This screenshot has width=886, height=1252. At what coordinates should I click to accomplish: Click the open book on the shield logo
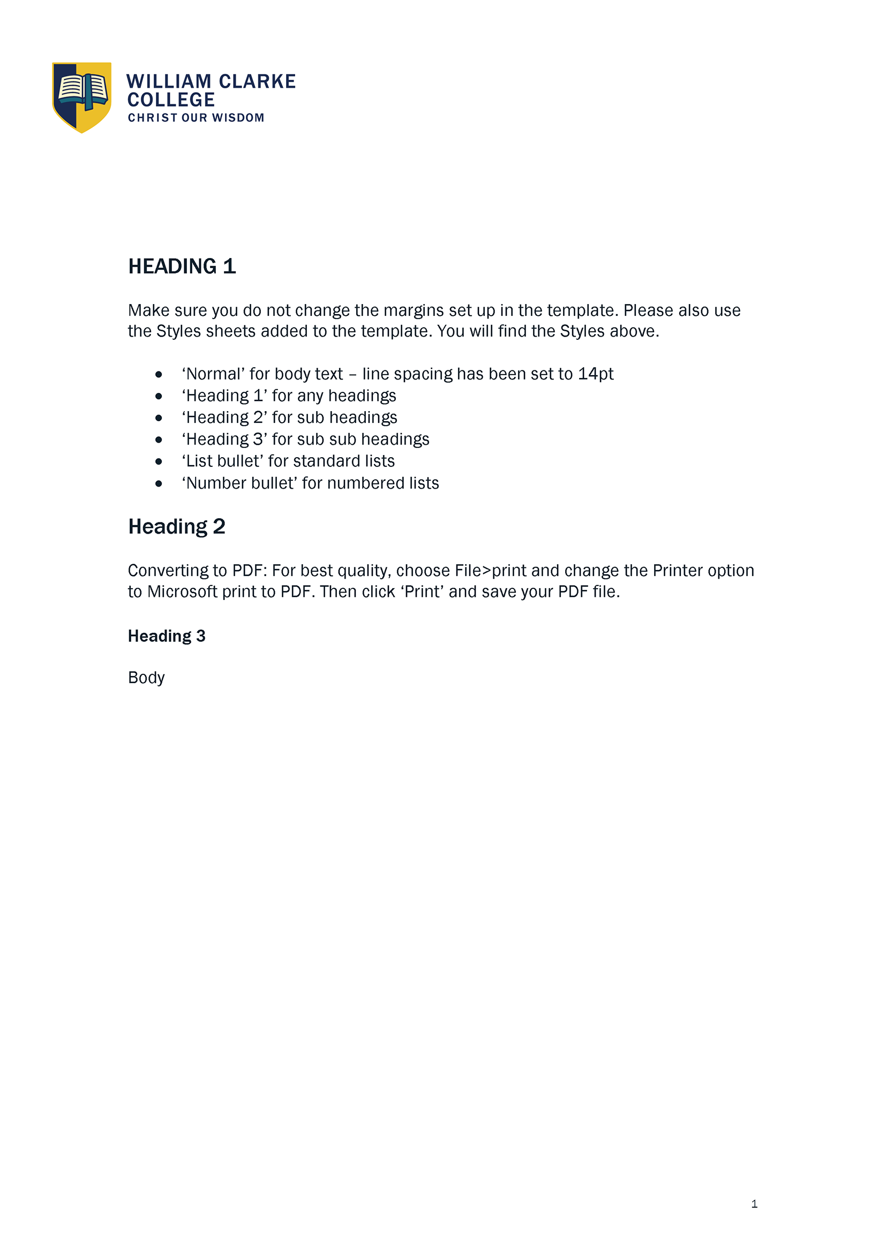(x=83, y=90)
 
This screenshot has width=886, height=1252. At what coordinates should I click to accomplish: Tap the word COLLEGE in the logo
(x=171, y=100)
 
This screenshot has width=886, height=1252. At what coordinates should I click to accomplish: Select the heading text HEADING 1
(x=182, y=267)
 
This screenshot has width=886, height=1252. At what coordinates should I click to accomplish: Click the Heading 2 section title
(x=177, y=527)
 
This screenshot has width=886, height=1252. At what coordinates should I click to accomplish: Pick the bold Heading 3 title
(x=167, y=636)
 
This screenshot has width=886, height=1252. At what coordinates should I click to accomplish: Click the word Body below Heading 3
(x=146, y=678)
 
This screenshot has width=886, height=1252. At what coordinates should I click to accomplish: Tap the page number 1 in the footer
(x=754, y=1204)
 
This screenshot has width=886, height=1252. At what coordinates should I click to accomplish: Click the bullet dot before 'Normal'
(x=159, y=374)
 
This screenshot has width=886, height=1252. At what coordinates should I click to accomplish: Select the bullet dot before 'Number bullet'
(x=159, y=484)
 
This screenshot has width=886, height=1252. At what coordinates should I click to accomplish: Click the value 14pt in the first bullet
(x=596, y=374)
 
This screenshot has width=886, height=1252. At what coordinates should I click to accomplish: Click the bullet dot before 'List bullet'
(x=159, y=462)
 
